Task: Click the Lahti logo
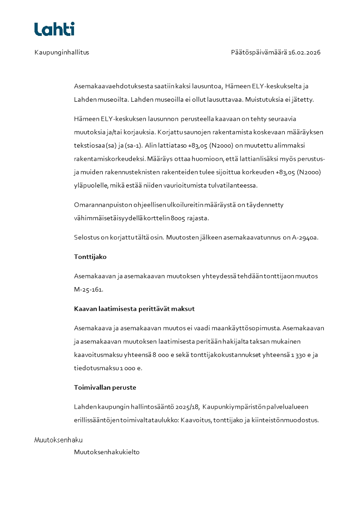[54, 29]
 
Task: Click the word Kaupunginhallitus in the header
[62, 52]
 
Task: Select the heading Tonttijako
[90, 257]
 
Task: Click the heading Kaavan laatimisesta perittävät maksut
[134, 309]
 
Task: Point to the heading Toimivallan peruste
[105, 387]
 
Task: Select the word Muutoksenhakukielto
[107, 452]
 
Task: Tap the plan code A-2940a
[305, 237]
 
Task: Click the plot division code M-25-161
[89, 289]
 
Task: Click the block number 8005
[178, 218]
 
